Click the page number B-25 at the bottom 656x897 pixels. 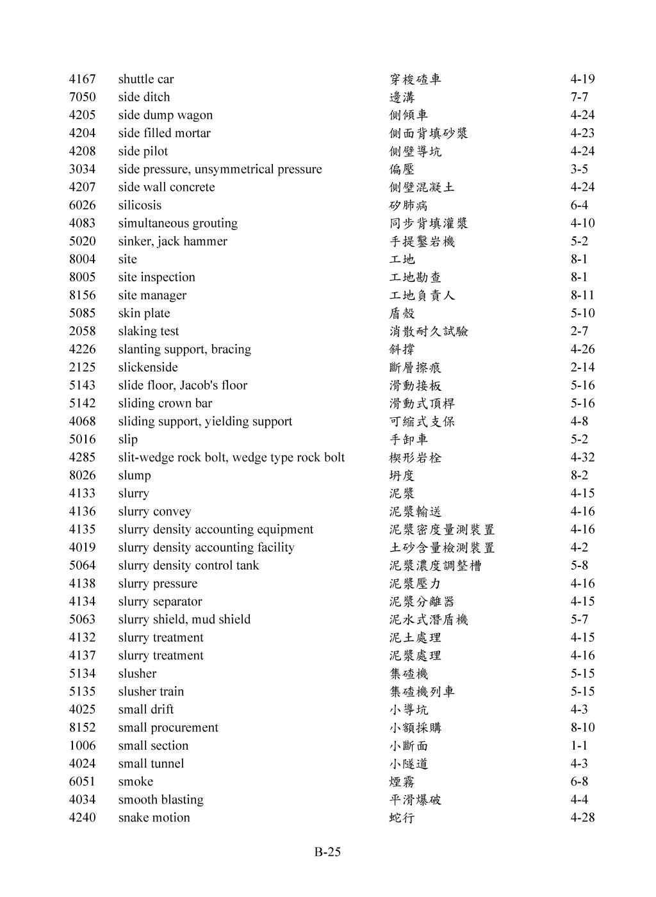pyautogui.click(x=327, y=852)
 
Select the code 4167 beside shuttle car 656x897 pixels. pyautogui.click(x=82, y=79)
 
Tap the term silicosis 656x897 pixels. pyautogui.click(x=140, y=205)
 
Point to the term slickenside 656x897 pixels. pyautogui.click(x=148, y=367)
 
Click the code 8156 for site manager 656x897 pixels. pyautogui.click(x=82, y=295)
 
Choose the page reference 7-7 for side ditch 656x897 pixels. pyautogui.click(x=579, y=97)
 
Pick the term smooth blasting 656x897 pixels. pyautogui.click(x=161, y=800)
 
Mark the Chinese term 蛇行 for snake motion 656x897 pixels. pyautogui.click(x=402, y=818)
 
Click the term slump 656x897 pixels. pyautogui.click(x=135, y=475)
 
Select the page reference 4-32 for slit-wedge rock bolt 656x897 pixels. pyautogui.click(x=582, y=457)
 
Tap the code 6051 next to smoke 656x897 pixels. pyautogui.click(x=82, y=782)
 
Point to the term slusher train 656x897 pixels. pyautogui.click(x=151, y=691)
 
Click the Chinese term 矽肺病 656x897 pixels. pyautogui.click(x=409, y=205)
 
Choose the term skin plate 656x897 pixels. pyautogui.click(x=144, y=313)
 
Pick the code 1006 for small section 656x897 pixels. pyautogui.click(x=82, y=746)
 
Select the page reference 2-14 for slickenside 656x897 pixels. pyautogui.click(x=582, y=367)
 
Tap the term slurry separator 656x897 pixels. pyautogui.click(x=160, y=602)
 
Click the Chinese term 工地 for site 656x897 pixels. pyautogui.click(x=402, y=259)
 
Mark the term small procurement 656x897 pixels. pyautogui.click(x=168, y=728)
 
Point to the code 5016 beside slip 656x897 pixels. pyautogui.click(x=82, y=440)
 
